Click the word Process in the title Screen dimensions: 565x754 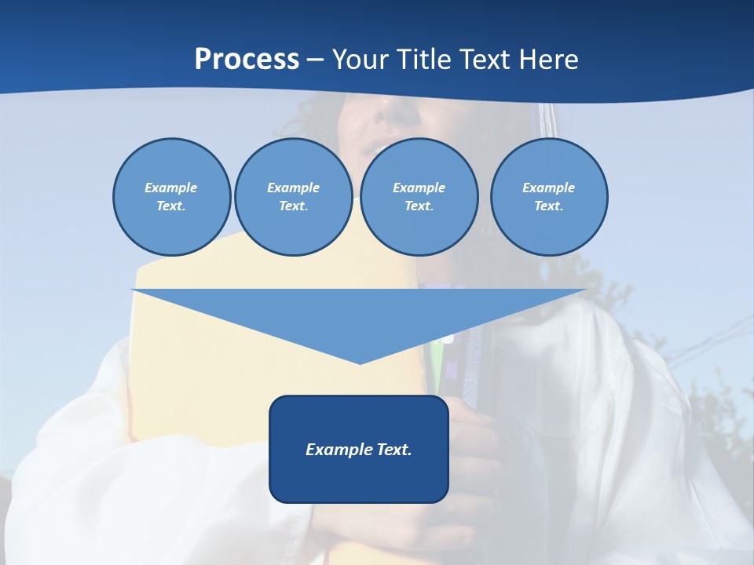(247, 60)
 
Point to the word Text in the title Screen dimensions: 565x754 (489, 60)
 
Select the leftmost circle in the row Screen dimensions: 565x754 (172, 197)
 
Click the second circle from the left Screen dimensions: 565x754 (294, 197)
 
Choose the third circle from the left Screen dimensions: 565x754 (419, 197)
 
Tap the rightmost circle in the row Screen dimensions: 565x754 (549, 197)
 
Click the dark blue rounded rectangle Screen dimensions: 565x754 (359, 479)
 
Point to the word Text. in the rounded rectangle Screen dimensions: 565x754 (391, 450)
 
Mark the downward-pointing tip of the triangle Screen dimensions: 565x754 (360, 362)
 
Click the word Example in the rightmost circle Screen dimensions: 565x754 (549, 188)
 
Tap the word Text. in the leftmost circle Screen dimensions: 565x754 (171, 206)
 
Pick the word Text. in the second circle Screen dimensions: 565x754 (294, 206)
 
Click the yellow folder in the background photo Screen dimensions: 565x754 (196, 377)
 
